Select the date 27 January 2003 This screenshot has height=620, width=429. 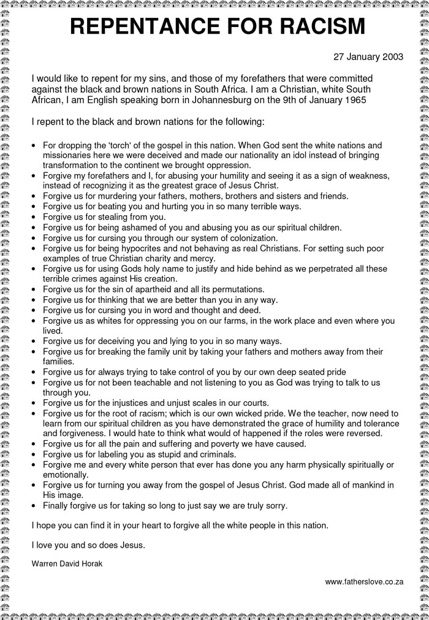[368, 57]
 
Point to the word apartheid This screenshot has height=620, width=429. [162, 289]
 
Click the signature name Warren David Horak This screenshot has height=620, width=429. [67, 564]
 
